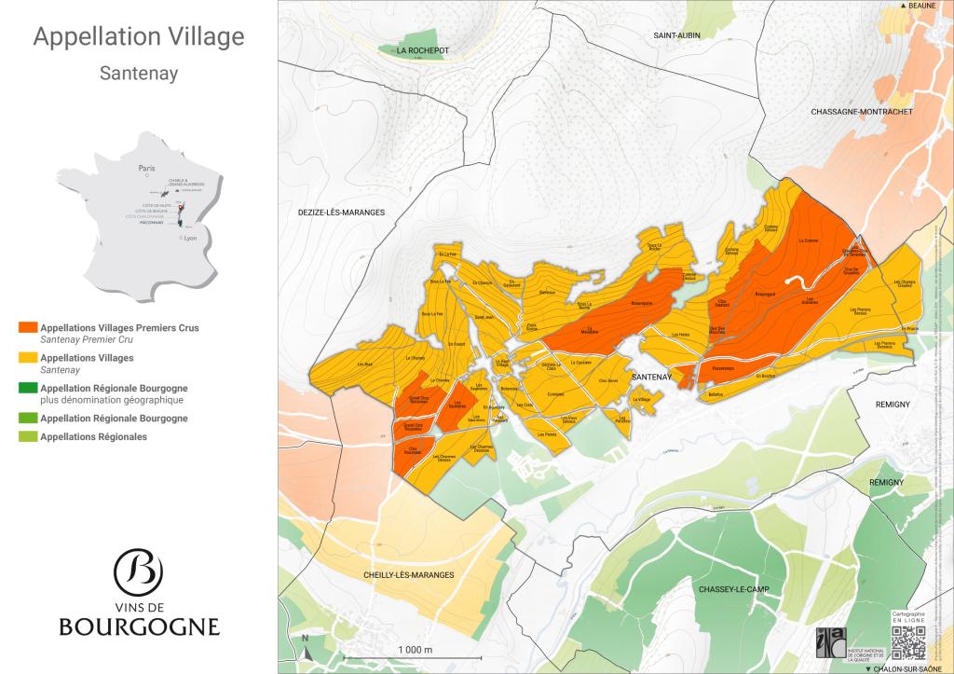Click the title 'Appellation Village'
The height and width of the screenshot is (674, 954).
[x=139, y=37]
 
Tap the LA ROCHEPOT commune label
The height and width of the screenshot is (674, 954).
[x=423, y=50]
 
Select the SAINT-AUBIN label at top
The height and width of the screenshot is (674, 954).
[x=676, y=34]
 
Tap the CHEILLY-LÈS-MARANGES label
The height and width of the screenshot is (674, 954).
[x=409, y=575]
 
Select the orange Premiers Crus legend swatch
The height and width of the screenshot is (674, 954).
[x=28, y=328]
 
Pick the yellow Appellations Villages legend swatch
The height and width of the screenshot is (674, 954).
[x=28, y=358]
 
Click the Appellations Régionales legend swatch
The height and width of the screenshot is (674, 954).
[x=28, y=436]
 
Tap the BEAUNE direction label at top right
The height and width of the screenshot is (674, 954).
[x=921, y=6]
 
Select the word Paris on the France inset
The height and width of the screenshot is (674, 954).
[x=145, y=169]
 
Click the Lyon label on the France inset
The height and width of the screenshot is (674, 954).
[x=191, y=239]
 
